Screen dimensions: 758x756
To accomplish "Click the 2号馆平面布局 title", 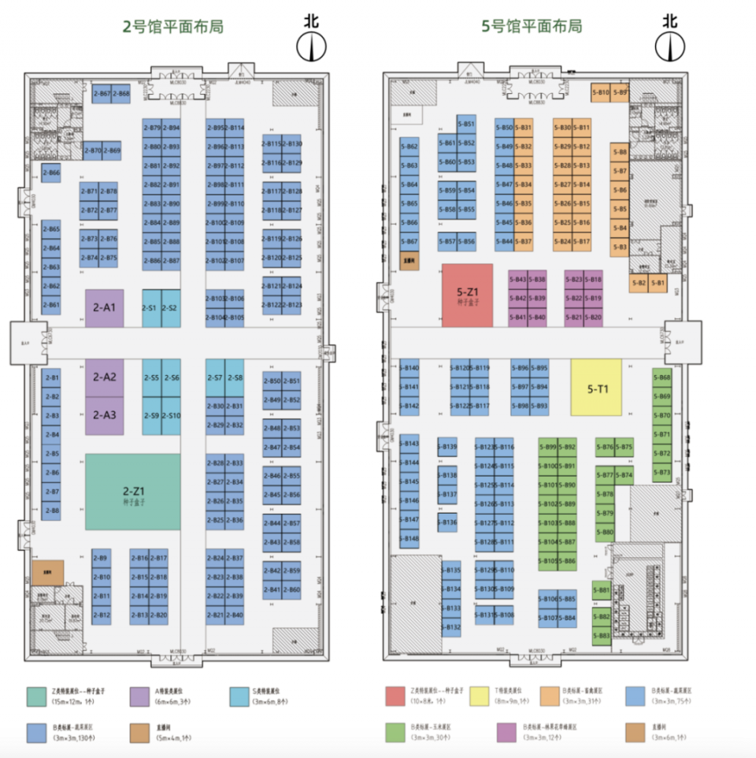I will (173, 27).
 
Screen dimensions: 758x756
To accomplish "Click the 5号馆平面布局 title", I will (532, 27).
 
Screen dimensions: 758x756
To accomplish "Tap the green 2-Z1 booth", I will (132, 492).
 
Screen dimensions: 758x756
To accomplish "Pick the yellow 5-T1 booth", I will (596, 388).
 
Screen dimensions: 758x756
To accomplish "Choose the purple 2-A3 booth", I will (104, 415).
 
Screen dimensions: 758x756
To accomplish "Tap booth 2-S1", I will (151, 308).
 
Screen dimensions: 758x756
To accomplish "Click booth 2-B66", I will (51, 173).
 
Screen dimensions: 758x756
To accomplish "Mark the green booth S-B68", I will (661, 377).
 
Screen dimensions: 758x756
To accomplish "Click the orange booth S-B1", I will (658, 283).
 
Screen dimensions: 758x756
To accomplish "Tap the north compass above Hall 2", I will (312, 47).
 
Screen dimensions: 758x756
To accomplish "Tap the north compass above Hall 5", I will (670, 47).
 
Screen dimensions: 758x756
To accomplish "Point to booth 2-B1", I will (51, 377).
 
